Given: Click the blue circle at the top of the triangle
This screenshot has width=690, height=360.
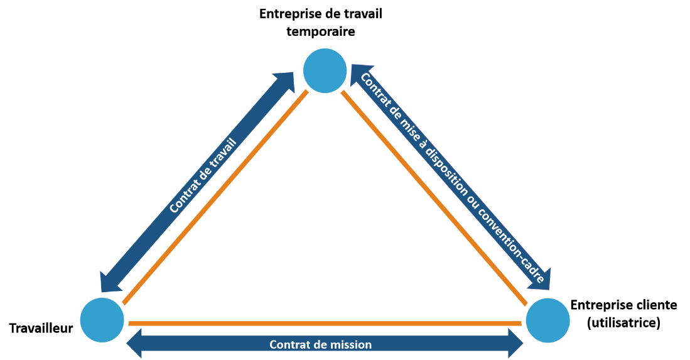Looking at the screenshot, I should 325,70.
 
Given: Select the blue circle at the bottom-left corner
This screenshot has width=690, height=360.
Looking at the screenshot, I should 102,319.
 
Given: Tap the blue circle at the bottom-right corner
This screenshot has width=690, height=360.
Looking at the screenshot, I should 548,320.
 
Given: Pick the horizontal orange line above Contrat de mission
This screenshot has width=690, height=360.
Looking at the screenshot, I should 325,323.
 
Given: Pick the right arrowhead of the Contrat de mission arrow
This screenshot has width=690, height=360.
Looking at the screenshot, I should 515,344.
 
